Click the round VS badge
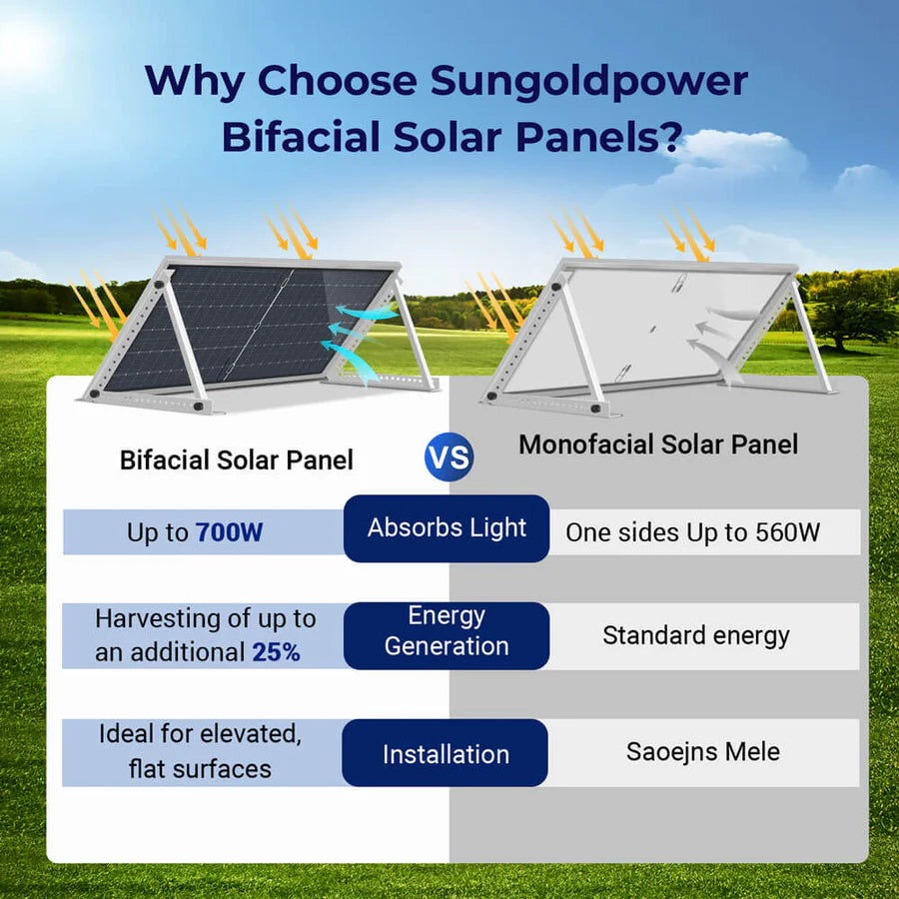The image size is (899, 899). (x=449, y=457)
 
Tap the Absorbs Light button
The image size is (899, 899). (x=447, y=528)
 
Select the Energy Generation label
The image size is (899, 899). (x=447, y=631)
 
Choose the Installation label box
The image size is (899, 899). (x=446, y=754)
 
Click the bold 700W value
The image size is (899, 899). (x=229, y=532)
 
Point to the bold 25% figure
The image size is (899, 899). (x=276, y=652)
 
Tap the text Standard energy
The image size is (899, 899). (x=695, y=635)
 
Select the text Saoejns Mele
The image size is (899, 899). (x=702, y=751)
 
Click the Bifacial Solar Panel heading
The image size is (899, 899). (x=237, y=460)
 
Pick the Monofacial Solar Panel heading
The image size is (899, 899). (x=658, y=445)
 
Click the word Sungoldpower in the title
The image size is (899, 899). (x=589, y=82)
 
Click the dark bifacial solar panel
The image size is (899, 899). (x=245, y=325)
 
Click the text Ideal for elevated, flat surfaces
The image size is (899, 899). (x=199, y=751)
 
